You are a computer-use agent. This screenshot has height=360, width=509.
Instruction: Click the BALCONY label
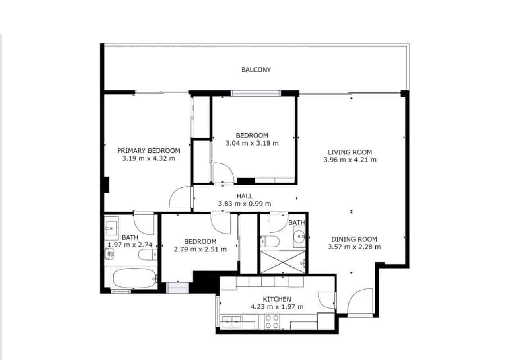256,70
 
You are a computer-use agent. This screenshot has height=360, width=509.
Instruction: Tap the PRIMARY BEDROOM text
148,150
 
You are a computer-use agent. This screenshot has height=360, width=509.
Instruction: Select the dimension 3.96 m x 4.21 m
350,160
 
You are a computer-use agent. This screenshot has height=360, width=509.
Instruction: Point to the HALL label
245,196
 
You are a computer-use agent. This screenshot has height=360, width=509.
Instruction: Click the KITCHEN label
277,299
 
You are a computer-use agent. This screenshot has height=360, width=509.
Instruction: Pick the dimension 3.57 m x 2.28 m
354,247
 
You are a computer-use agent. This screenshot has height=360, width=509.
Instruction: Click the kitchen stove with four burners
272,321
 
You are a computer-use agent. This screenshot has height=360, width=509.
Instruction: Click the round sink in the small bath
299,237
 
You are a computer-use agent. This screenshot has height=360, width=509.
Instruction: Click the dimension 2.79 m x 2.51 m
200,249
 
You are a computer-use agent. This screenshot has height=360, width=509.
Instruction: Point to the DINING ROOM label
354,239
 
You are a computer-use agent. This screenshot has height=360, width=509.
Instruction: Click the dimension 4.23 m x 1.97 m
277,307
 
